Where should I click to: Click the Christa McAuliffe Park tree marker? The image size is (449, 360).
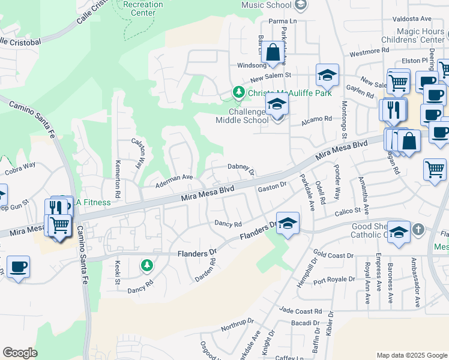[239, 93]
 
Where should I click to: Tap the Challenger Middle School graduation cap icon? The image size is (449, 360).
[277, 104]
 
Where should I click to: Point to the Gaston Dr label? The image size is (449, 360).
[273, 188]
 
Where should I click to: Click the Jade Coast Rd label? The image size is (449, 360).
[301, 311]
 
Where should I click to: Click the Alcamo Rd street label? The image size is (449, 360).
[320, 119]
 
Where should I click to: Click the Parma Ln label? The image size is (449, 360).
[283, 21]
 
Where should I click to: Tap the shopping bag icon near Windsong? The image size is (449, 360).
[273, 53]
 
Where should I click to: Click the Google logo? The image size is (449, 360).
[20, 353]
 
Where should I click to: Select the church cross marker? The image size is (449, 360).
[418, 229]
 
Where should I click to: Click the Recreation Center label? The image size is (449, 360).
[142, 8]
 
